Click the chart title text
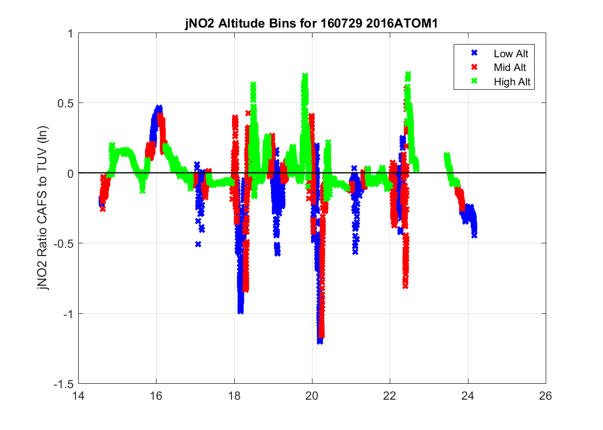point(312,24)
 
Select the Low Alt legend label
point(507,53)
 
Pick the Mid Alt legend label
point(507,67)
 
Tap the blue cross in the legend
point(473,53)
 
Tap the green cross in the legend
point(473,81)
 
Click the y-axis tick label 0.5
point(65,103)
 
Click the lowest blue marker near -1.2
point(320,341)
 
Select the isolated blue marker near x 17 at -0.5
point(198,243)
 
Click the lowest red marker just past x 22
point(405,286)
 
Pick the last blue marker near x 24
point(474,235)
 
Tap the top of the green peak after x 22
point(408,73)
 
